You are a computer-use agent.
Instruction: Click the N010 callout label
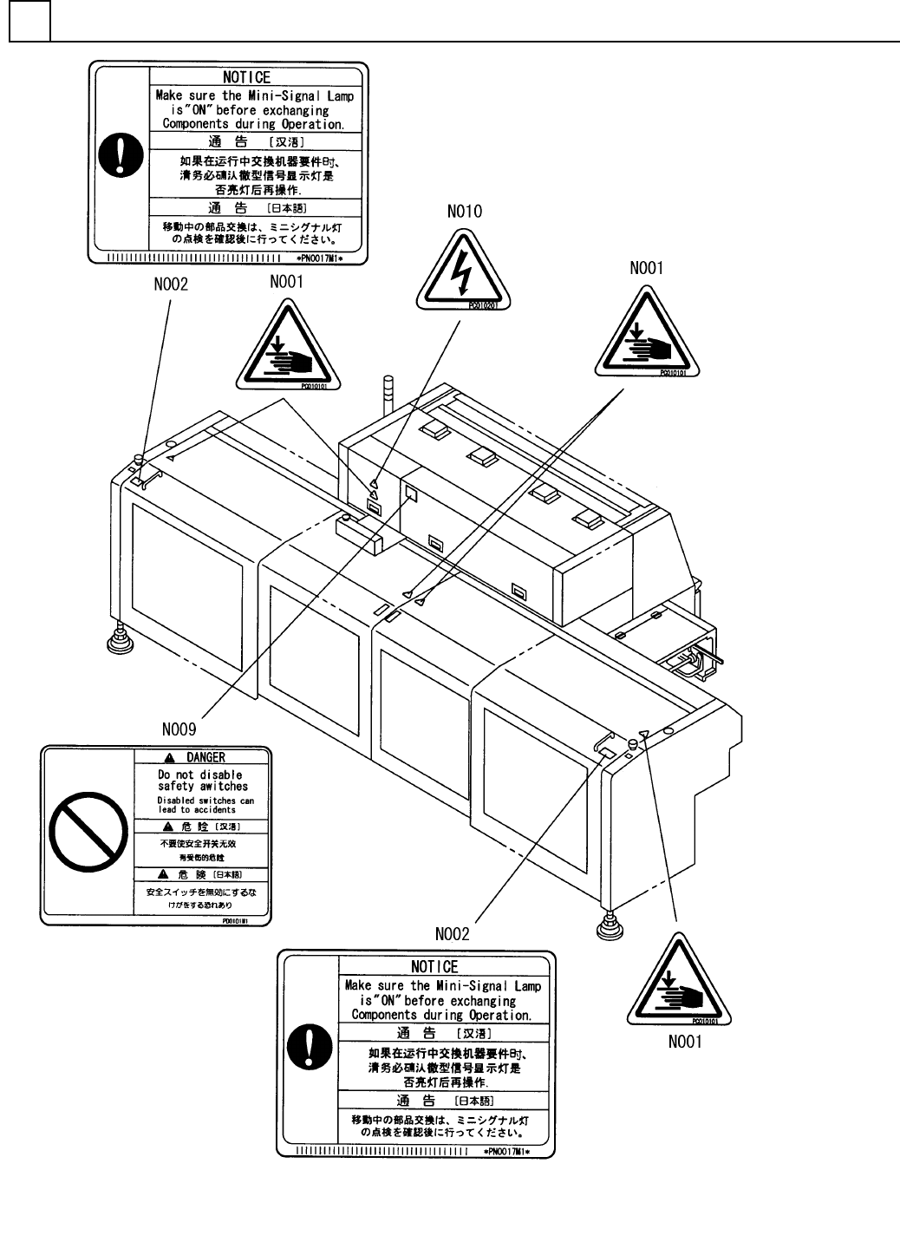point(464,211)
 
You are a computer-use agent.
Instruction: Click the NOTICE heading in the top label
point(247,77)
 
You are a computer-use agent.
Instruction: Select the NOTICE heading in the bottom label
point(434,966)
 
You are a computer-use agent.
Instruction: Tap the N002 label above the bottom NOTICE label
point(452,933)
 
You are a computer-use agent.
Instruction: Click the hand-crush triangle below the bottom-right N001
point(678,983)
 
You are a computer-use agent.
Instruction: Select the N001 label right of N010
point(647,268)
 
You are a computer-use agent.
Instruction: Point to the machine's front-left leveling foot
point(118,641)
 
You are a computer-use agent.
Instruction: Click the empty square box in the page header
point(29,22)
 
